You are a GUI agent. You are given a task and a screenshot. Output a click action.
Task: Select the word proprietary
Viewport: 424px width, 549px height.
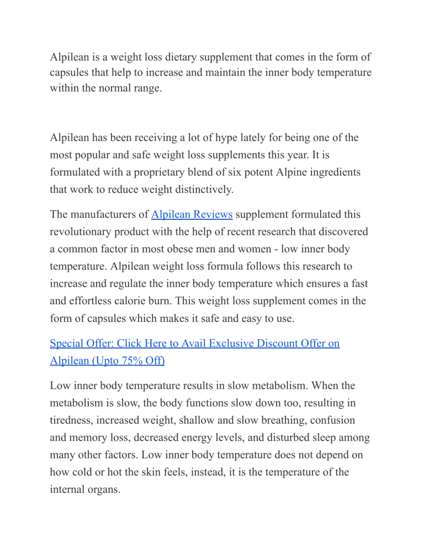pyautogui.click(x=158, y=172)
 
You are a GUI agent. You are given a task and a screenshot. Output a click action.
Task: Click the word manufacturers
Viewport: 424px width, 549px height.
pyautogui.click(x=99, y=214)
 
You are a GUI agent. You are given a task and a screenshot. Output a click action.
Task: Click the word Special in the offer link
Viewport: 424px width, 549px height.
pyautogui.click(x=67, y=344)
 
